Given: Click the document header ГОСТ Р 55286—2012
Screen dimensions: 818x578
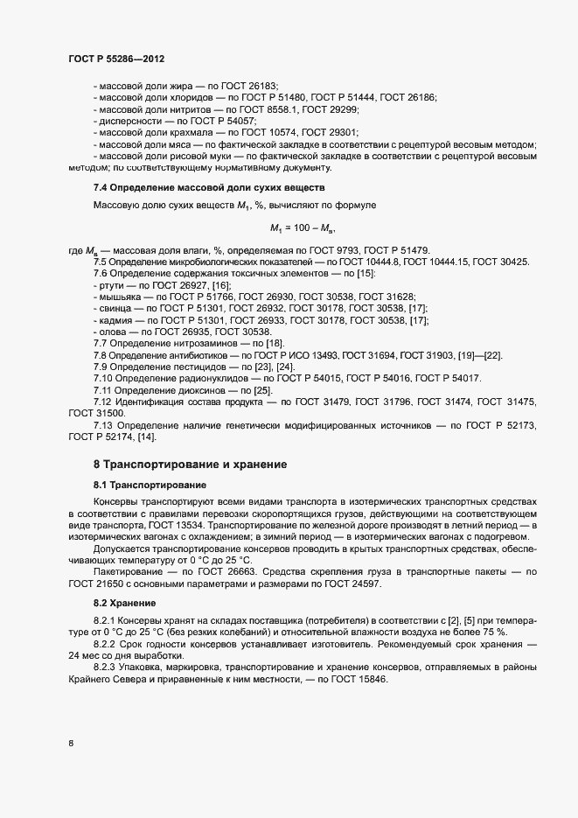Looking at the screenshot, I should (116, 59).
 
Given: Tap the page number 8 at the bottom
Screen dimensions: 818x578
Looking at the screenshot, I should (71, 744).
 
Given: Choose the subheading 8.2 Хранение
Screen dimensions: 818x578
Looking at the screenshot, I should (125, 604).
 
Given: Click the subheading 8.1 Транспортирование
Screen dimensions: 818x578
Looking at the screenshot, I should (150, 484).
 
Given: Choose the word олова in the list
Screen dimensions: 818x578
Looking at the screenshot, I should (114, 332).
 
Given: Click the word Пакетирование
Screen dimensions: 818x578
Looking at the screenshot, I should (129, 570).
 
